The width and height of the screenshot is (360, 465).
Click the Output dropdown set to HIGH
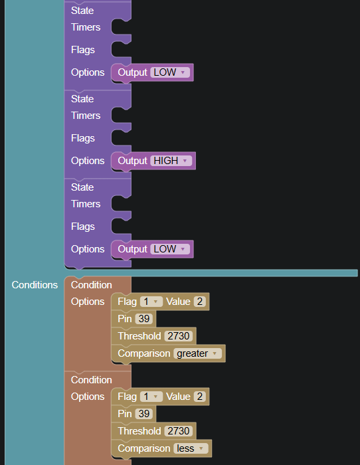click(x=171, y=161)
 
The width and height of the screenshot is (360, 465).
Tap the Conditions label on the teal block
click(x=35, y=285)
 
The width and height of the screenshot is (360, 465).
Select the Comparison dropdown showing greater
click(x=197, y=353)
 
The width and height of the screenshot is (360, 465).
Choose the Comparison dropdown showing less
click(x=191, y=448)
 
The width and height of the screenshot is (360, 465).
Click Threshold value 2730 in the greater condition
click(x=179, y=336)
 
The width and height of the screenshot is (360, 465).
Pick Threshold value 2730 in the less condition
click(x=179, y=431)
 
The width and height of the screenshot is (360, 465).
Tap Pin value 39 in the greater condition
click(x=144, y=319)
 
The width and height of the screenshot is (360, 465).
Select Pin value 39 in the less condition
click(x=144, y=414)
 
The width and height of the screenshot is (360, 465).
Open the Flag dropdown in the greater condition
click(x=151, y=302)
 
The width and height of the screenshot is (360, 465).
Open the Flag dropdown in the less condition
click(x=151, y=397)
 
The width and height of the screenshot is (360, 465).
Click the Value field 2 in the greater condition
click(x=200, y=302)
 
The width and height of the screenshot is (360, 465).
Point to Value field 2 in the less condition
click(x=200, y=397)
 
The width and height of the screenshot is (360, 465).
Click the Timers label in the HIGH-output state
click(x=86, y=116)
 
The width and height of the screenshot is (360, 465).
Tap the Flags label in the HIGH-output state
click(x=83, y=138)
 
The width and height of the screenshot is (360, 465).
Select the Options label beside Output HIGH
click(x=88, y=161)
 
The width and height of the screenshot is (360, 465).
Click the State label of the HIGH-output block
click(x=82, y=99)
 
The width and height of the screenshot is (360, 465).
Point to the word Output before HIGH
click(x=133, y=161)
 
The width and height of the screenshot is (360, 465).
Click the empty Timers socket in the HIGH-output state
click(x=121, y=116)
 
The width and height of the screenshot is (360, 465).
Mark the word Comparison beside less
click(x=144, y=448)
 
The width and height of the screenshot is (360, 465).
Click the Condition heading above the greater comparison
click(x=92, y=285)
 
